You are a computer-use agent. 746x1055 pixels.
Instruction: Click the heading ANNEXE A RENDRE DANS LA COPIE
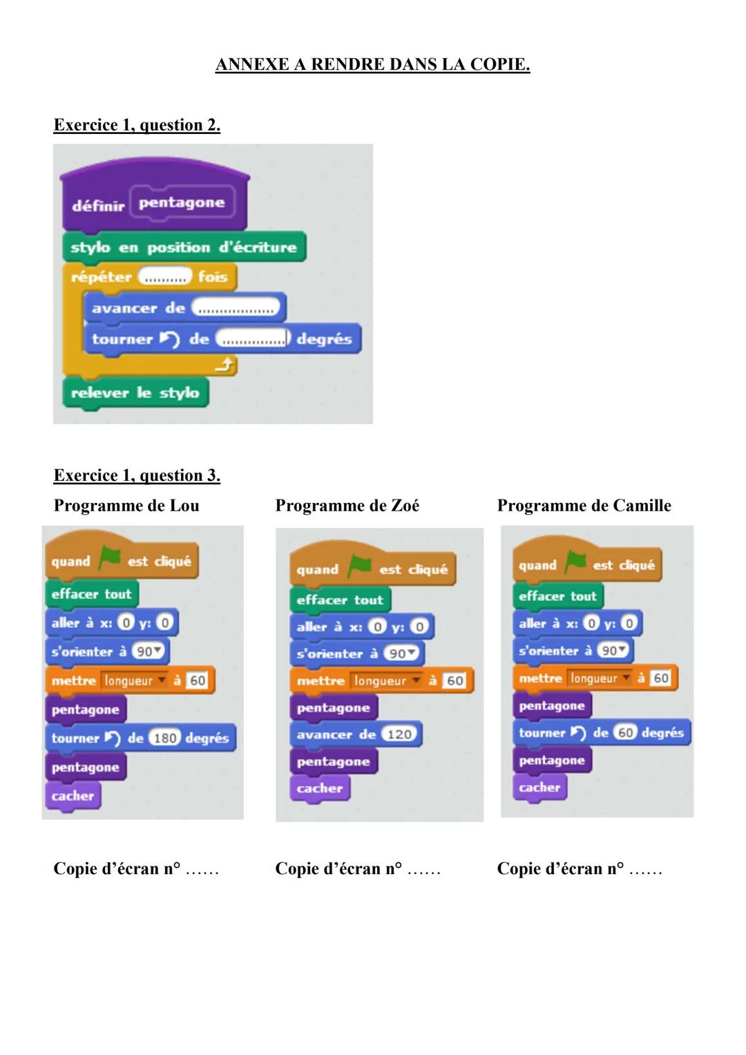[372, 65]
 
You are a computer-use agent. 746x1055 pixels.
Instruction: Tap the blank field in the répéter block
[164, 278]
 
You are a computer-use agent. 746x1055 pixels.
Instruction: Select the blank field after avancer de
[236, 309]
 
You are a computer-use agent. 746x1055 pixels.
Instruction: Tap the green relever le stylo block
[135, 393]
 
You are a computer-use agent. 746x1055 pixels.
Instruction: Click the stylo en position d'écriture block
[183, 247]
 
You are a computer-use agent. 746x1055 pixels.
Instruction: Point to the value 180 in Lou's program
[165, 738]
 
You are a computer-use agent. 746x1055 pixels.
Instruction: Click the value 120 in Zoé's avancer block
[399, 734]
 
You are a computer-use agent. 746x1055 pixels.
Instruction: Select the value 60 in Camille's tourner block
[625, 732]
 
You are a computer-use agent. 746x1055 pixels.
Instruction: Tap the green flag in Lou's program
[109, 558]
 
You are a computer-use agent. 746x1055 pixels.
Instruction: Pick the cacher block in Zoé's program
[320, 788]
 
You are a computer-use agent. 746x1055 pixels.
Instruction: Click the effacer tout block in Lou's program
[91, 594]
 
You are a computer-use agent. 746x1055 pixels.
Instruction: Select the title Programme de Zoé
[347, 506]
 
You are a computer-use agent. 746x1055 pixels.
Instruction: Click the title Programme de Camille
[584, 506]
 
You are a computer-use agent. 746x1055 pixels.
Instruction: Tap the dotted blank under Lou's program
[202, 871]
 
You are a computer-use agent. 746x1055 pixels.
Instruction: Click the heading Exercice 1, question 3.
[137, 475]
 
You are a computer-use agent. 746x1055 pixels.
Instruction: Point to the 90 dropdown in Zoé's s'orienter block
[402, 654]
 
